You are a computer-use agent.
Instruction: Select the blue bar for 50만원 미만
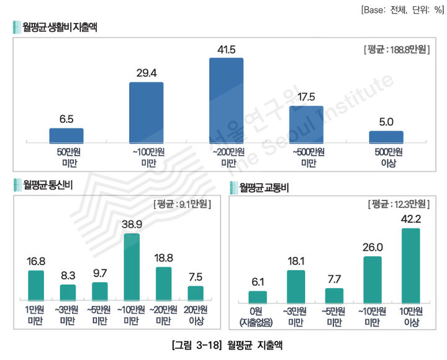[x=66, y=136]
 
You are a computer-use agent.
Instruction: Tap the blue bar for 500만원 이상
[x=386, y=137]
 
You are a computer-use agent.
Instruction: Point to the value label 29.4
[x=146, y=73]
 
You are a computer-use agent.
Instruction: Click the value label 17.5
[x=306, y=97]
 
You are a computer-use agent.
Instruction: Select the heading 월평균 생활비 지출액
[x=60, y=27]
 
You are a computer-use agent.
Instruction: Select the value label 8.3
[x=68, y=276]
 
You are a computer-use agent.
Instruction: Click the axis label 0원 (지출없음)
[x=257, y=315]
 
